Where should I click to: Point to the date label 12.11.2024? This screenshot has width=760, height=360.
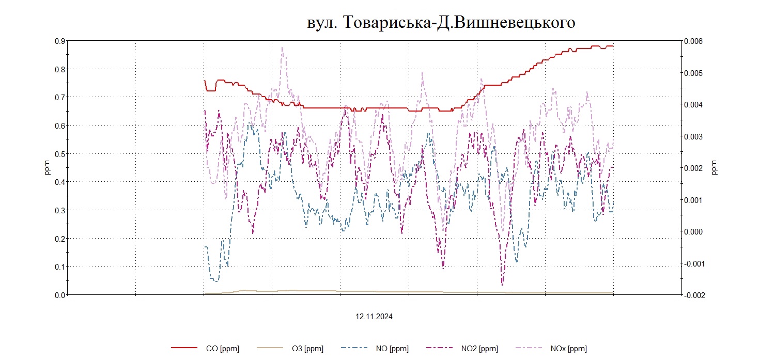[374, 317]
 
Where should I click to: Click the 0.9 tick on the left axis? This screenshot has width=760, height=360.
[60, 41]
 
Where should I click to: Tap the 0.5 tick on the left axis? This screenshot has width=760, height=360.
[60, 154]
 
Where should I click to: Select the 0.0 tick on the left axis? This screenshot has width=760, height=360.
[60, 295]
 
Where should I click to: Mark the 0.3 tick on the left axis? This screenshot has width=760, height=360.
[60, 210]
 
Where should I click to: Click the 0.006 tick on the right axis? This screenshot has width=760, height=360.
[693, 41]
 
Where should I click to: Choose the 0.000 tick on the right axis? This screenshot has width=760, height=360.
[693, 231]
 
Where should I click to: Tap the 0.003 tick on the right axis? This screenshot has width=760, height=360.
[693, 136]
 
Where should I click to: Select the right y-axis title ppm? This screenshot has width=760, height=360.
[715, 167]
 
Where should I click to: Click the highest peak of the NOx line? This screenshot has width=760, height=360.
[282, 47]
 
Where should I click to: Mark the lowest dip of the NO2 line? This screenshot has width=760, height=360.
[502, 285]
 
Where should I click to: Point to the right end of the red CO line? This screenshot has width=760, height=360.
[613, 46]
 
